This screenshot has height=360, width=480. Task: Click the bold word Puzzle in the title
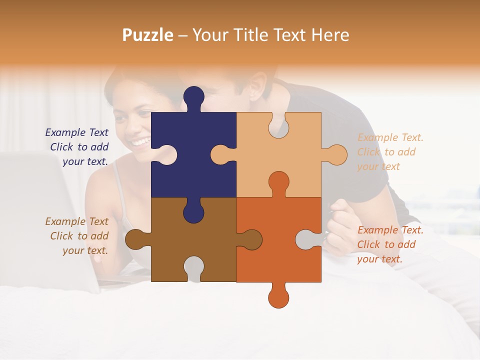tap(148, 35)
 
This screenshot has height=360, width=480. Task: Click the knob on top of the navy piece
tap(193, 97)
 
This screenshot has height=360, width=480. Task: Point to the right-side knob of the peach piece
tap(336, 155)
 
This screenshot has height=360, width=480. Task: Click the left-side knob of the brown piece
tap(135, 239)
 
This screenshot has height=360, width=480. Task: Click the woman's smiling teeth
tap(140, 142)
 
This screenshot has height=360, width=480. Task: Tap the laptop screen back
tap(40, 220)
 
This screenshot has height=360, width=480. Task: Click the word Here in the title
tap(330, 35)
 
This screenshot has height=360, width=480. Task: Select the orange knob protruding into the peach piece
tap(278, 183)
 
